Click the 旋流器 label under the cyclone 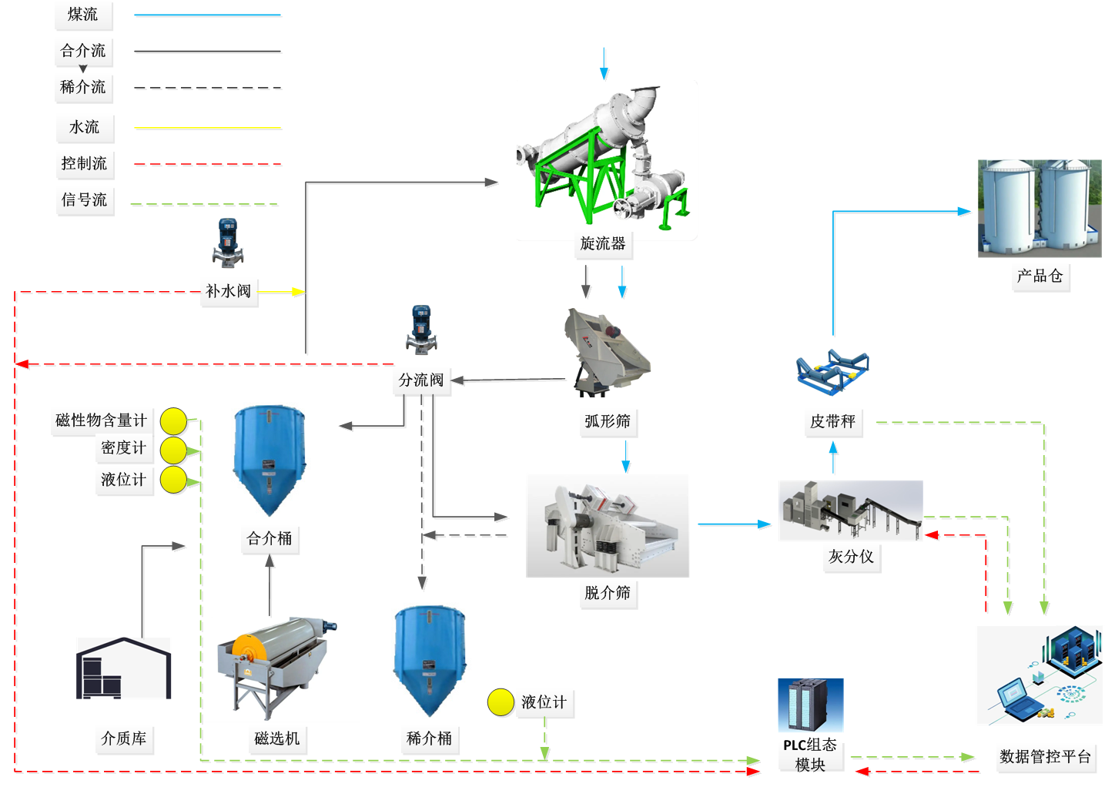coord(603,244)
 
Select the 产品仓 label coord(1040,276)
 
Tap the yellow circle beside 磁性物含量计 coord(173,420)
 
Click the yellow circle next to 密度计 coord(173,449)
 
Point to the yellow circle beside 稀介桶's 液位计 coord(501,702)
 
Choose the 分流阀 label coord(420,380)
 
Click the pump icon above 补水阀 coord(228,243)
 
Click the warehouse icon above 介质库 coord(123,668)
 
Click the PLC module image coord(811,705)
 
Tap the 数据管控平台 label coord(1045,757)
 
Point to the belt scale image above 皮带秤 coord(832,373)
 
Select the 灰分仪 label coord(851,557)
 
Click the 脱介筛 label coord(607,593)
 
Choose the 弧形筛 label coord(607,421)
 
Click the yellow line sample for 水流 coord(207,128)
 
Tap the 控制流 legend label coord(84,163)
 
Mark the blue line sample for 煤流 coord(207,15)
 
